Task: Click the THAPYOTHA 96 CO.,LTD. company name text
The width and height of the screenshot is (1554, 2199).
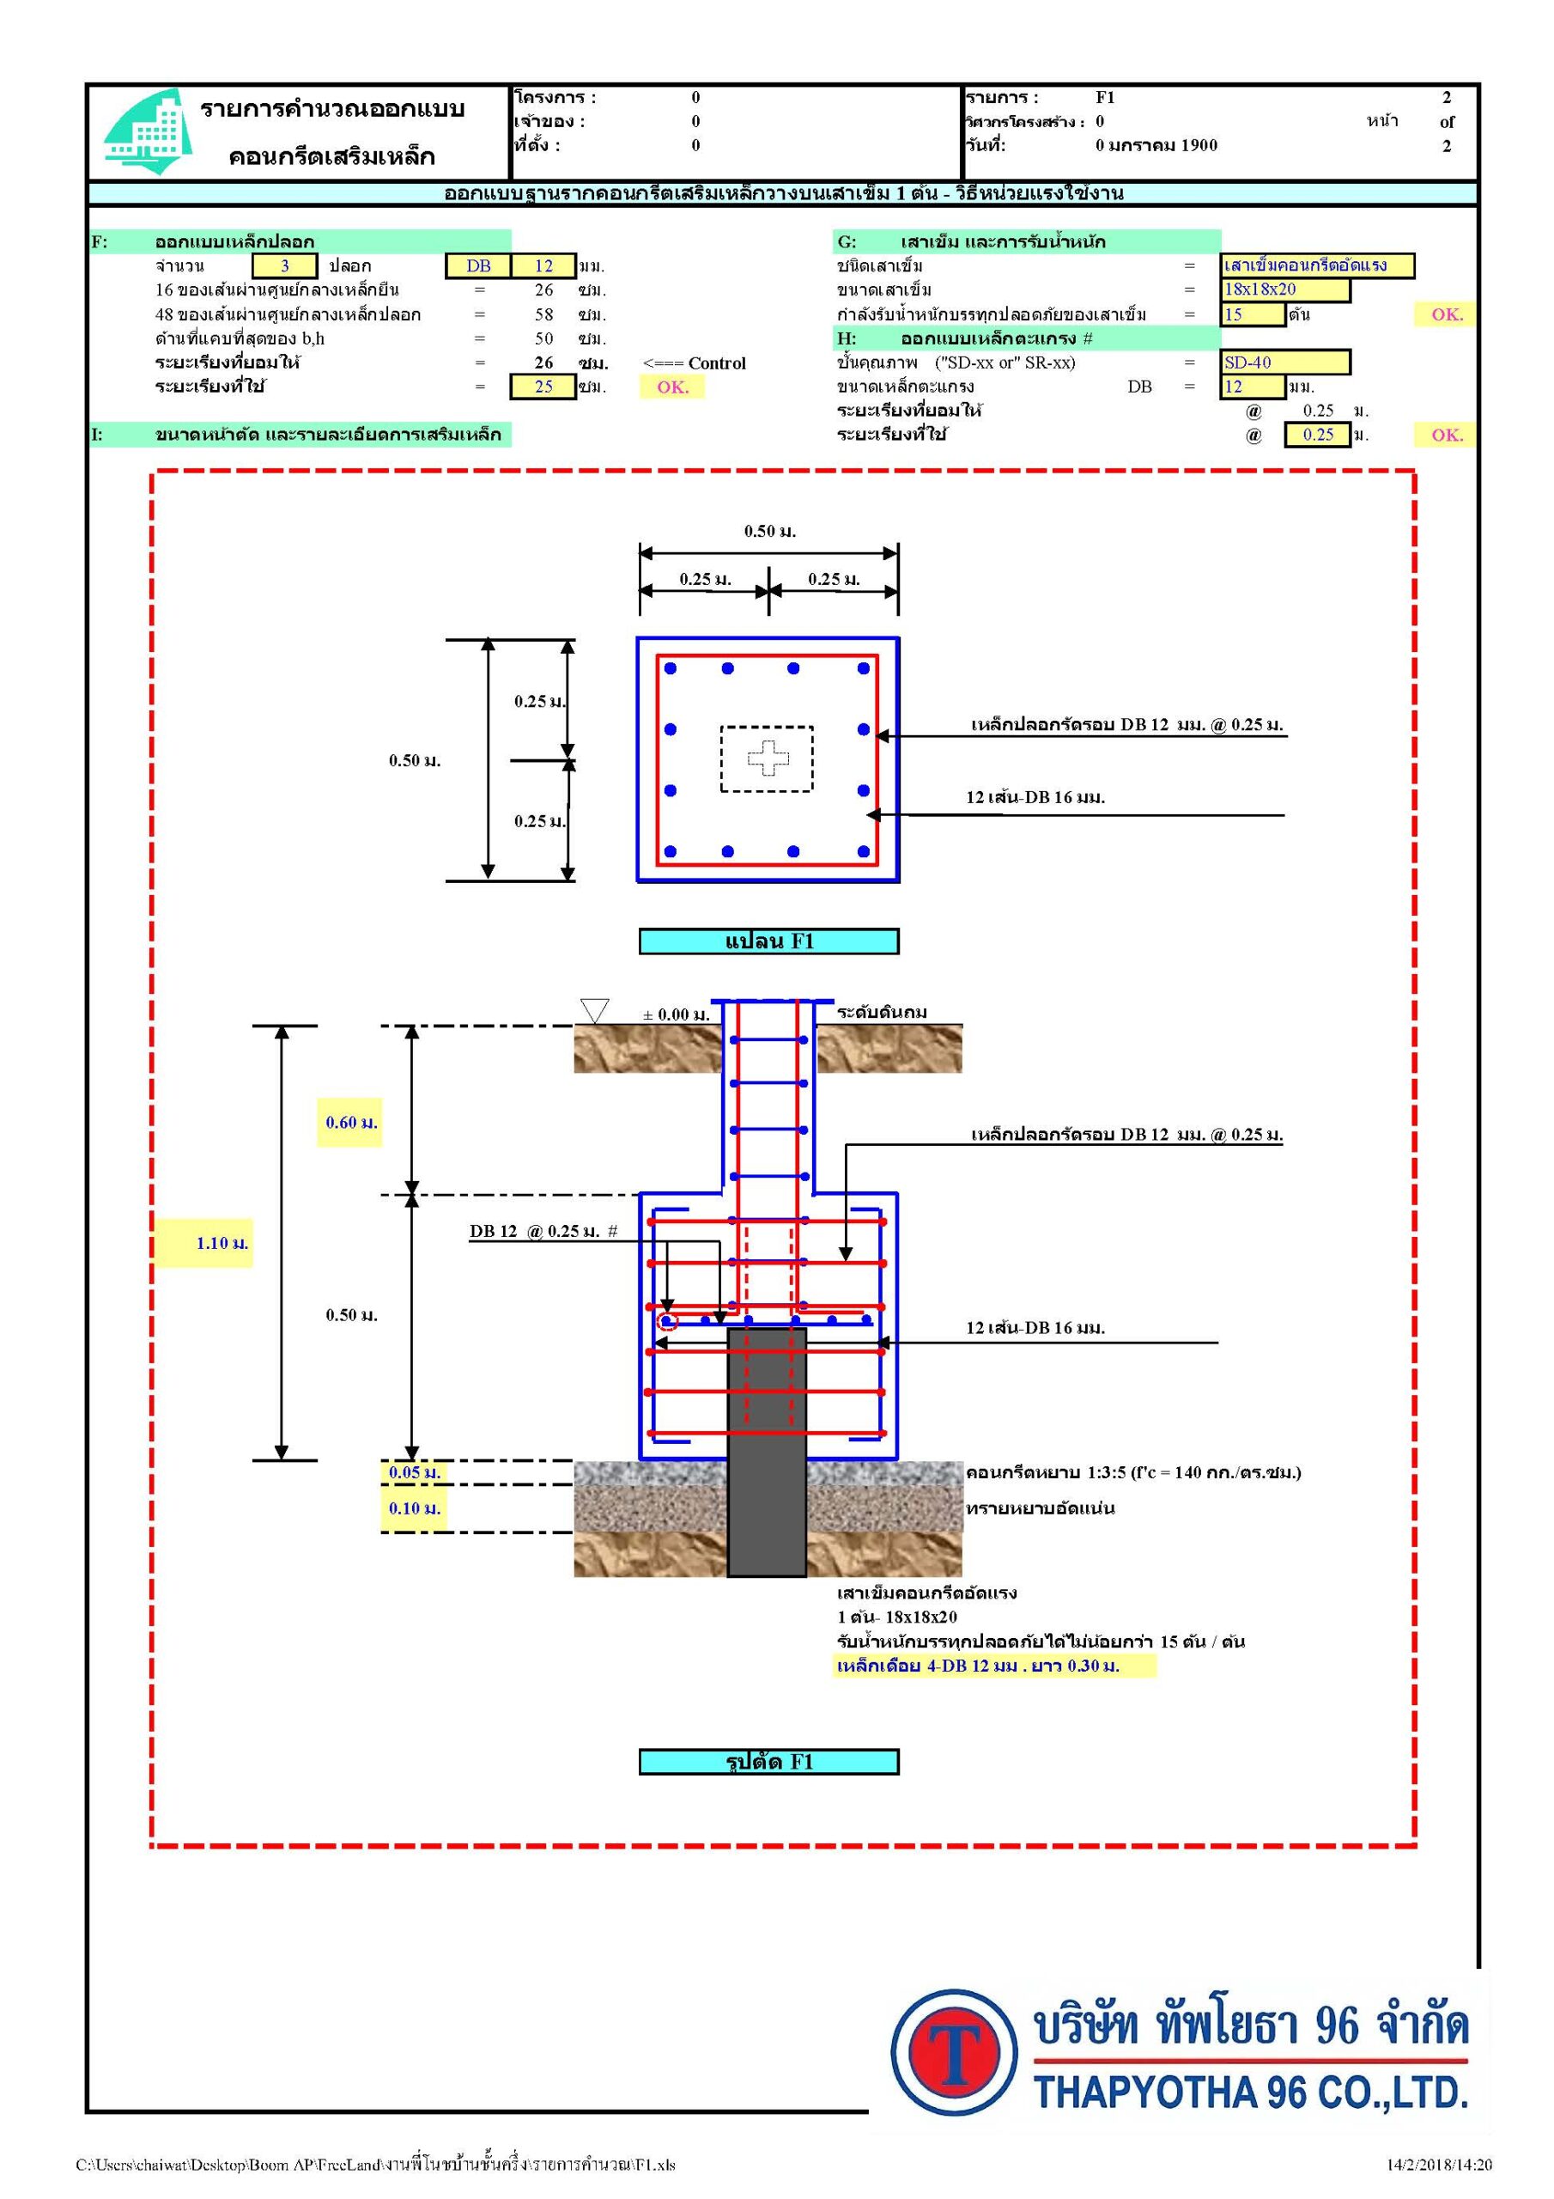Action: (1250, 2092)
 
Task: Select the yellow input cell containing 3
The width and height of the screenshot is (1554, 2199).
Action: (284, 266)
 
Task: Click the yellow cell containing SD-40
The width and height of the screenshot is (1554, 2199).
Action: (1285, 362)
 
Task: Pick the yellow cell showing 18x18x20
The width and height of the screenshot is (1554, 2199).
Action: (1285, 289)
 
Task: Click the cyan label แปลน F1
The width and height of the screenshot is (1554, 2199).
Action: (769, 941)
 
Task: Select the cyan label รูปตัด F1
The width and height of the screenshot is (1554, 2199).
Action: (769, 1761)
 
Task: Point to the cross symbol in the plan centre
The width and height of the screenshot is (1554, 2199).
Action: (768, 758)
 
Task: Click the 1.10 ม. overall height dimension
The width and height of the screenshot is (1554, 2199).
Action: (222, 1243)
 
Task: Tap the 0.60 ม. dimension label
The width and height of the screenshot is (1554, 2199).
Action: (351, 1123)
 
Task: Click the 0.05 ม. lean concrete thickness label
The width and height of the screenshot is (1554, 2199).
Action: (415, 1472)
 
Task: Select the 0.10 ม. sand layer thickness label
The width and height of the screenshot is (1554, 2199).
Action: (415, 1508)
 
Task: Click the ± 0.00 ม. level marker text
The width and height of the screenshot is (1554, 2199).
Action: (676, 1015)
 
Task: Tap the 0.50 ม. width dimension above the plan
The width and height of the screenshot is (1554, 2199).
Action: (770, 532)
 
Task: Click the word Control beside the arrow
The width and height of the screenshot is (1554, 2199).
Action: (717, 363)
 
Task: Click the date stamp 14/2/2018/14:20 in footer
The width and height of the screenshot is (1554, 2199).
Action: (1439, 2165)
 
